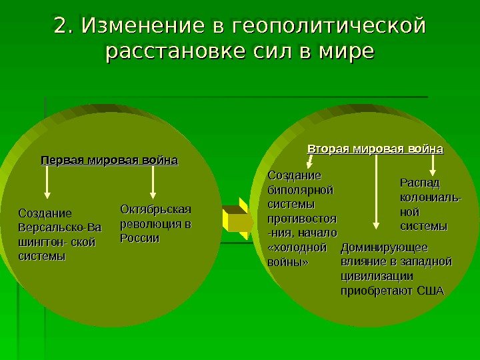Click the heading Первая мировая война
[x=110, y=161]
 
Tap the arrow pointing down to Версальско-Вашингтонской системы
[x=47, y=183]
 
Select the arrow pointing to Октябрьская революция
[x=154, y=182]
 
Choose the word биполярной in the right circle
[x=300, y=189]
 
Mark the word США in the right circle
[x=429, y=291]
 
